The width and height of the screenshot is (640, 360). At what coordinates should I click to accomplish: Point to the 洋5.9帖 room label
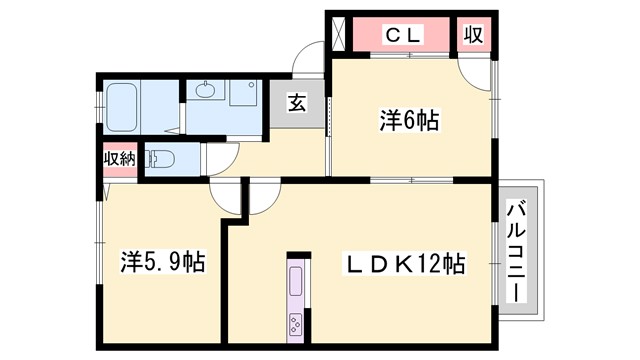click(x=164, y=263)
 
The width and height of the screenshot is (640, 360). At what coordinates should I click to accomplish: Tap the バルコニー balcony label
click(x=517, y=250)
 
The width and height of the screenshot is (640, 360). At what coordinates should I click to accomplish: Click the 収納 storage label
click(x=119, y=159)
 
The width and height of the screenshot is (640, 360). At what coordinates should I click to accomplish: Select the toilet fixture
click(x=162, y=158)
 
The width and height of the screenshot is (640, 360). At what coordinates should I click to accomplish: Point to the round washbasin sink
click(x=207, y=92)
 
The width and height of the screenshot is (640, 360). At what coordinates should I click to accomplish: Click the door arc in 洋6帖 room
click(x=474, y=67)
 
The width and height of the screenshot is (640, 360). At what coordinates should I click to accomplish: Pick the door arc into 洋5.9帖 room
click(x=228, y=198)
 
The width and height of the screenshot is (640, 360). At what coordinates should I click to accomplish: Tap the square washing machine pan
click(x=244, y=93)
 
